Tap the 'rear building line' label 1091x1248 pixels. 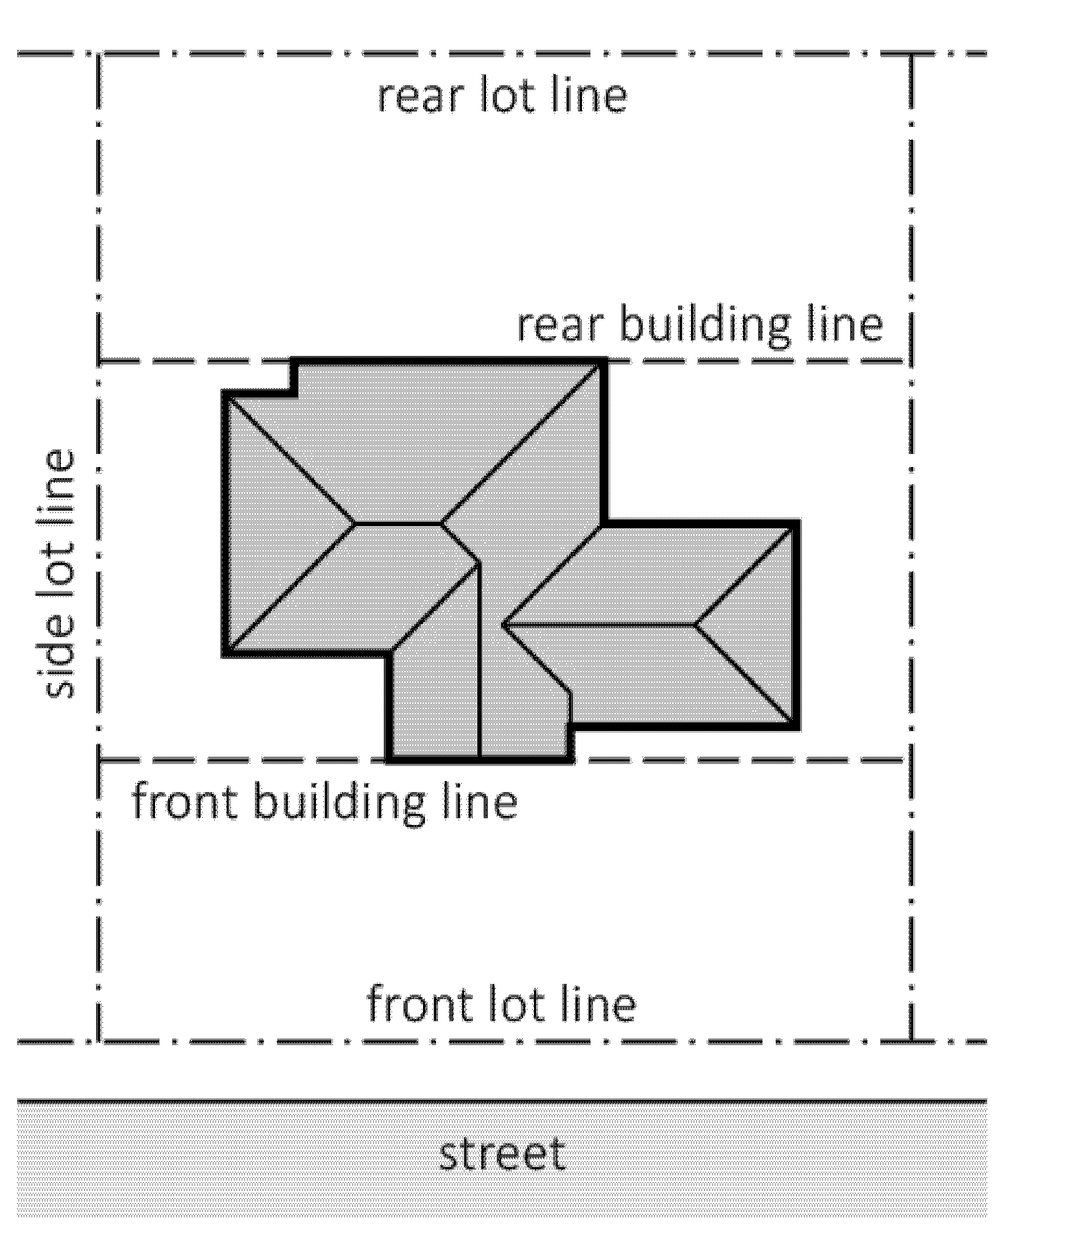point(700,325)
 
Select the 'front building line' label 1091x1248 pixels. point(325,801)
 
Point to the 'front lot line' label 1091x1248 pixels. point(501,1004)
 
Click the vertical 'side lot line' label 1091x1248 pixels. point(58,573)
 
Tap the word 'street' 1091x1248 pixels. point(502,1154)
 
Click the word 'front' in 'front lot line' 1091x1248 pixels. point(419,1004)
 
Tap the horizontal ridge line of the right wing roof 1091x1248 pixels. point(599,624)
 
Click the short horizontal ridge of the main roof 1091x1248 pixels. point(398,524)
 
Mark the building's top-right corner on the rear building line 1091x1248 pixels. point(604,361)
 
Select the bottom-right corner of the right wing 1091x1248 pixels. point(797,726)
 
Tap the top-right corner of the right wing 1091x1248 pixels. point(797,523)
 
